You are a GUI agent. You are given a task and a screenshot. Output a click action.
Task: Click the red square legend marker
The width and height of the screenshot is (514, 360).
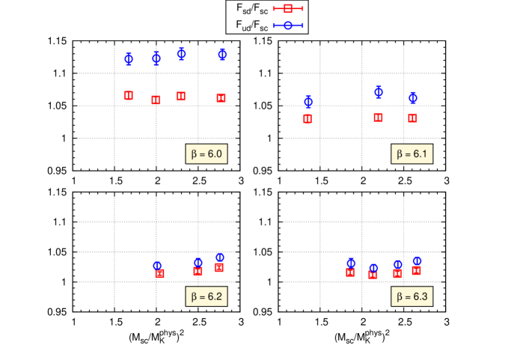[287, 8]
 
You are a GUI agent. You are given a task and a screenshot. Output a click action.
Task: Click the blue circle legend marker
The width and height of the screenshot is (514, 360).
[287, 25]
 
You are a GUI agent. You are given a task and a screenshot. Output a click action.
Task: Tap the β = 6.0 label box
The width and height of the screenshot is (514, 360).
[206, 154]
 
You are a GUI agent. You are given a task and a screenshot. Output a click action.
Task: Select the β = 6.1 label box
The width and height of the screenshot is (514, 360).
[411, 154]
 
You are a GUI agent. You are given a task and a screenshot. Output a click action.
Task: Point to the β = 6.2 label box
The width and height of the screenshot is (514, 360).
[206, 296]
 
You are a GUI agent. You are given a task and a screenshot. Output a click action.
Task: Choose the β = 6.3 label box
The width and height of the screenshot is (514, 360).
[411, 296]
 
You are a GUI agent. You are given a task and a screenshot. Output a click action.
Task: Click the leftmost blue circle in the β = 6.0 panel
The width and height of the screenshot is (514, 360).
[128, 58]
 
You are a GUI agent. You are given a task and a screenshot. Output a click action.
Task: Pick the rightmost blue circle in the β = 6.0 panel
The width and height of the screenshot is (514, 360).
[222, 54]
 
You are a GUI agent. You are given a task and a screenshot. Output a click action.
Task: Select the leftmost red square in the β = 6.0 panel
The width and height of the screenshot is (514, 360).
[128, 96]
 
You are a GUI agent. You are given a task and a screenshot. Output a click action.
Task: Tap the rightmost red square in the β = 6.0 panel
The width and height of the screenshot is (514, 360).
[221, 98]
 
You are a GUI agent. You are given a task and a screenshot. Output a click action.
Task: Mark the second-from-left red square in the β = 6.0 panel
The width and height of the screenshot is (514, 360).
[156, 100]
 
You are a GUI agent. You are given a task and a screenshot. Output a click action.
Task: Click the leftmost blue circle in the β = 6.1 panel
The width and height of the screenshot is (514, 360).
[308, 101]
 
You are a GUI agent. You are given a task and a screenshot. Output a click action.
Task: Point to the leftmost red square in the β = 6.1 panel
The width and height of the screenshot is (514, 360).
[308, 118]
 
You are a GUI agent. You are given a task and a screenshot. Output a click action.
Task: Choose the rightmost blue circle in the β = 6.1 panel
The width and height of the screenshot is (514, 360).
[412, 97]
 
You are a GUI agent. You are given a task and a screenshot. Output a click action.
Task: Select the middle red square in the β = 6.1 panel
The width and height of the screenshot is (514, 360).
[378, 118]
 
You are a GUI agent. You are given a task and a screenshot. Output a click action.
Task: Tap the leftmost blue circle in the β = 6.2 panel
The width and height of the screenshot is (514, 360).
[157, 266]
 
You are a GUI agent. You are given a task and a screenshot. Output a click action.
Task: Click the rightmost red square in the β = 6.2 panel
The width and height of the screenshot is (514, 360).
[219, 267]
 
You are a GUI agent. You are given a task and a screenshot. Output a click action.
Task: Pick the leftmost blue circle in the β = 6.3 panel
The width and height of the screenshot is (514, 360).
[351, 263]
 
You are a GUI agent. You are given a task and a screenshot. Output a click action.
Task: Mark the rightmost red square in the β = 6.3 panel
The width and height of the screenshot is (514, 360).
[417, 270]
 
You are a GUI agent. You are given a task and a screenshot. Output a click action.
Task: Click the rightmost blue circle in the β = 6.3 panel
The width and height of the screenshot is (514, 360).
[417, 260]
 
